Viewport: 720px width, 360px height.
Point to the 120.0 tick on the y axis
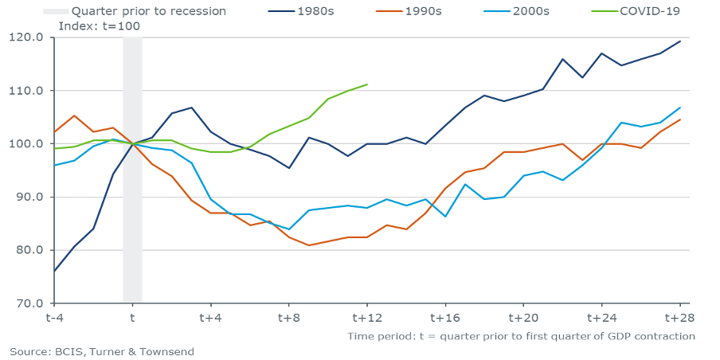27,37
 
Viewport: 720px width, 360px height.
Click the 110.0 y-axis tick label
27,91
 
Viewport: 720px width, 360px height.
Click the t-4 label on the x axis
53,317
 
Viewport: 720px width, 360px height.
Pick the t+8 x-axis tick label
288,317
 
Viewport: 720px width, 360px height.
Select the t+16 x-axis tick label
444,317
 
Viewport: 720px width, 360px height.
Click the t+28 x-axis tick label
679,317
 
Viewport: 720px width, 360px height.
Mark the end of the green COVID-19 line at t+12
366,84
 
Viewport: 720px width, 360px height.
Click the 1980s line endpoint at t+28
679,41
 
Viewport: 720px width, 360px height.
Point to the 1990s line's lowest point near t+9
307,245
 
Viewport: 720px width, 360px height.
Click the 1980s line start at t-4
54,271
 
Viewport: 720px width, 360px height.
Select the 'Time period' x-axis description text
521,336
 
